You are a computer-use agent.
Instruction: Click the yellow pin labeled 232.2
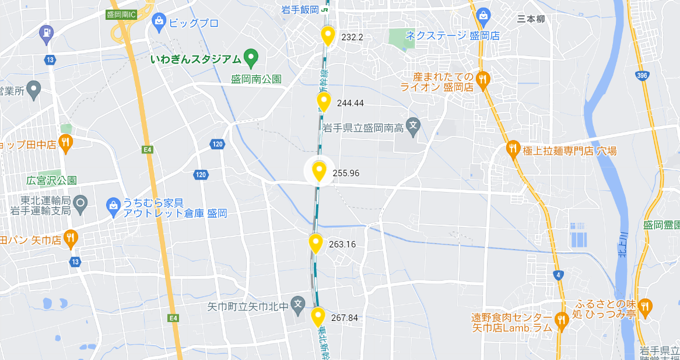[328, 35]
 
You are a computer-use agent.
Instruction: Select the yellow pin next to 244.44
[324, 101]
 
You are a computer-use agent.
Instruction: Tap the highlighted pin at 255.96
[318, 171]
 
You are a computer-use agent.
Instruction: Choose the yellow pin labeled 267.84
[318, 316]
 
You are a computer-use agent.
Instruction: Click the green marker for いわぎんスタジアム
[251, 58]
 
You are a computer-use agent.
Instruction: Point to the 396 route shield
[642, 76]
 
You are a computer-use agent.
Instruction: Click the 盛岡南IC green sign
[121, 15]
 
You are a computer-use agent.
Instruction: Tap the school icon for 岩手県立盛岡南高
[413, 125]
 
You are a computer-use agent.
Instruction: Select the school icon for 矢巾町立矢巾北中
[298, 304]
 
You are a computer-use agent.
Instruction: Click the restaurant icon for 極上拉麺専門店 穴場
[513, 149]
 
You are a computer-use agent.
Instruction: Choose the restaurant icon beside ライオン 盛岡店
[482, 80]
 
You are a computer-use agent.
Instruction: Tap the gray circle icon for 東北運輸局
[81, 204]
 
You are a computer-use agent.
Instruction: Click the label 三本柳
[531, 19]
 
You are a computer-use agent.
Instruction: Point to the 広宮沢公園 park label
[51, 180]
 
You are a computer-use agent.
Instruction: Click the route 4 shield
[559, 275]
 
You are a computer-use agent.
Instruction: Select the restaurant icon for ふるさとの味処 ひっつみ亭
[644, 306]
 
